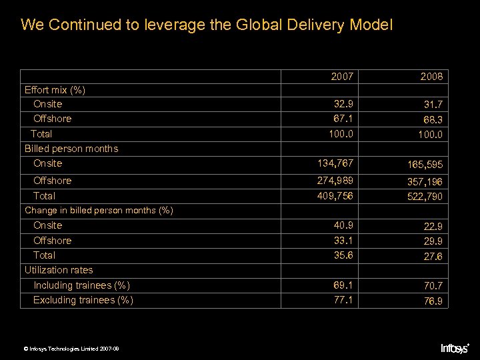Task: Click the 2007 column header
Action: coord(343,77)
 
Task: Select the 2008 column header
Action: coord(431,77)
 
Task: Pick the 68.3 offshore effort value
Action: coord(431,120)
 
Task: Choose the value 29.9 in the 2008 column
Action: coord(431,241)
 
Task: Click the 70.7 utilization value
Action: coord(431,287)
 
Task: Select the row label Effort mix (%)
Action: coord(55,89)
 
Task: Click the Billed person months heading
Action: coord(71,149)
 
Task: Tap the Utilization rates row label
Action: coord(59,270)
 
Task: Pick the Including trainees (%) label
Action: coord(81,285)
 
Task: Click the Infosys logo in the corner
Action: coord(455,347)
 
